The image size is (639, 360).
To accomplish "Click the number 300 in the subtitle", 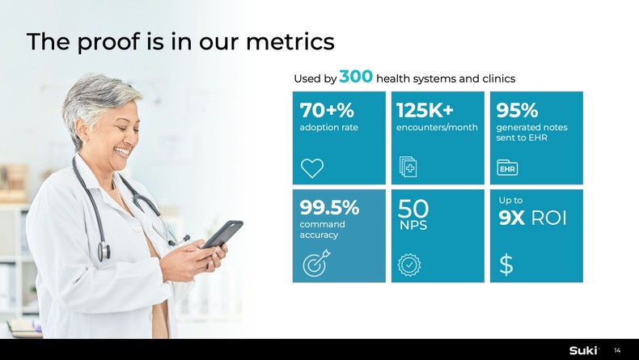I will click(356, 77).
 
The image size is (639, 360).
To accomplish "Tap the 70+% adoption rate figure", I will click(327, 109).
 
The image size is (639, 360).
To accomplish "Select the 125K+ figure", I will click(425, 109).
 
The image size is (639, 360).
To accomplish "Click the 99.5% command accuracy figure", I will click(329, 208).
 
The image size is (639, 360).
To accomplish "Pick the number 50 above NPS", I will click(413, 208).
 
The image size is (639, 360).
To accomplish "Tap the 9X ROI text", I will click(532, 218).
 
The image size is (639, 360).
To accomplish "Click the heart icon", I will click(311, 167).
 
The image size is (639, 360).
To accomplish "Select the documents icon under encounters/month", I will click(408, 167).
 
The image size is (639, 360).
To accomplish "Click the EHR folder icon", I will click(507, 167).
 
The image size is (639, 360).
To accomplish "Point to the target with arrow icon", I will click(315, 265).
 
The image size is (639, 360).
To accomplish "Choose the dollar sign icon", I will click(506, 265).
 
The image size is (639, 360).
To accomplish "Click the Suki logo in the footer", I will click(583, 350).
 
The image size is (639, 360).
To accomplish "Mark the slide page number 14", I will click(617, 350).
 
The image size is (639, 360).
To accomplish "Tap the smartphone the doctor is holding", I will click(222, 234).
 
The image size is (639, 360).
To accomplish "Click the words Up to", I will click(510, 200).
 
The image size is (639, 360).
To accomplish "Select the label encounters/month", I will click(437, 127).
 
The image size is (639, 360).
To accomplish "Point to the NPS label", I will click(413, 226).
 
